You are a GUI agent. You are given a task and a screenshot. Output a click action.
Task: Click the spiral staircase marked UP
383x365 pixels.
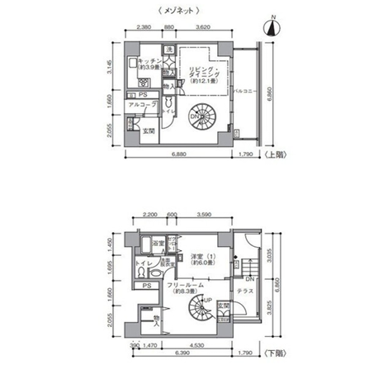[x=198, y=312]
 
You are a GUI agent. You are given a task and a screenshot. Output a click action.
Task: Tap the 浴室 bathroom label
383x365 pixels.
[x=158, y=245]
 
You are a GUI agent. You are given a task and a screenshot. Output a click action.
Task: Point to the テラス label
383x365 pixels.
[x=245, y=291]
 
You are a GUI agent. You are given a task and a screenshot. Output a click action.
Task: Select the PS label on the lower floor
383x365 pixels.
[x=145, y=286]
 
